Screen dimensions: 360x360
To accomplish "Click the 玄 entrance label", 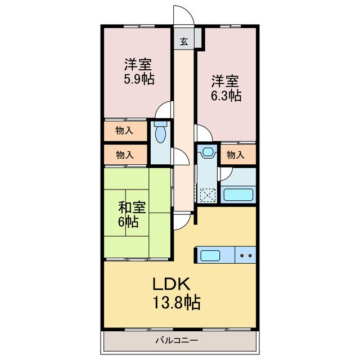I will point(184,41).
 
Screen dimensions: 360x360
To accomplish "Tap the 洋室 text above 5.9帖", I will point(137,64).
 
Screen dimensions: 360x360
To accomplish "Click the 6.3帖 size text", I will point(226,96).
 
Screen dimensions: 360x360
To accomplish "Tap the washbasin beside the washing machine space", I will point(208,152).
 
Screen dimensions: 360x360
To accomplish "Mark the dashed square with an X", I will point(209,193).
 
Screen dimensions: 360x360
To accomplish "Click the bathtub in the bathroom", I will point(239,195).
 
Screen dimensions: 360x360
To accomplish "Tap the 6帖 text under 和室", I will point(128,221).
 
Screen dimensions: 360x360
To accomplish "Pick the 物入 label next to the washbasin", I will point(236,155).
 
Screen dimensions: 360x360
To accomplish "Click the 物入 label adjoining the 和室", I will point(124,154).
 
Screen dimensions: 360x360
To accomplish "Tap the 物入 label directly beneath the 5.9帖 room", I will point(124,131).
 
